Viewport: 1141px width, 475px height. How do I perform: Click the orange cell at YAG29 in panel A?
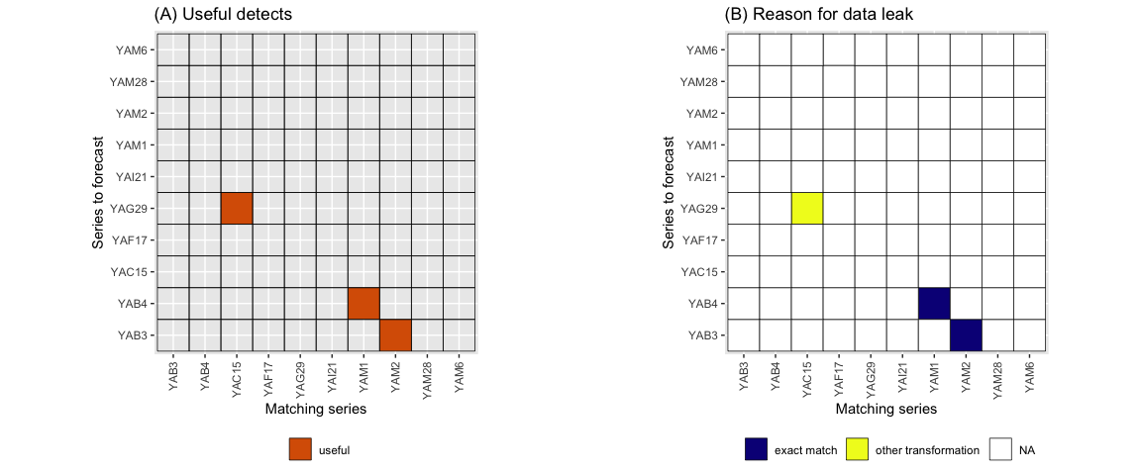click(237, 208)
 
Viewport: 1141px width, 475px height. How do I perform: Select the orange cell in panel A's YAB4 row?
click(363, 303)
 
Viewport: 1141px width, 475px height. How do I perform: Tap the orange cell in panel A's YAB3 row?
click(395, 334)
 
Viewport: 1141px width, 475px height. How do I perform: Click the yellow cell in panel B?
click(807, 208)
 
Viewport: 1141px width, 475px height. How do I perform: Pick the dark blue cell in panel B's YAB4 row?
click(934, 303)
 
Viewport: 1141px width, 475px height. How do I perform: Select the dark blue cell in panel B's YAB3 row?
click(966, 334)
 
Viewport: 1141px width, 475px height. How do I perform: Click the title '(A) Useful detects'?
click(223, 15)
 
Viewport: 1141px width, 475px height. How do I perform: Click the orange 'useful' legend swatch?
click(300, 450)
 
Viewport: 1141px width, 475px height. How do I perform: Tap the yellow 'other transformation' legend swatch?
click(858, 450)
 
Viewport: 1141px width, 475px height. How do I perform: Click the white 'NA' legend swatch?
click(1000, 450)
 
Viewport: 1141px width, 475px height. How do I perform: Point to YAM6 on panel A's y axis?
click(131, 49)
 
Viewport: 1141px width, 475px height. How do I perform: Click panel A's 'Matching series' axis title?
click(316, 408)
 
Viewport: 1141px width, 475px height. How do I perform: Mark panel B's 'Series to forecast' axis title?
click(670, 192)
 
